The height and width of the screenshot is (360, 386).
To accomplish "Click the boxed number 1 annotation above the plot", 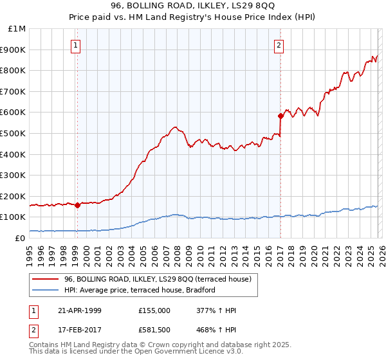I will (77, 45).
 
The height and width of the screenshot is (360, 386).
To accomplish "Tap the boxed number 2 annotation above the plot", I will (279, 45).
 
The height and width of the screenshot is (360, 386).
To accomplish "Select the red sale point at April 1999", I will (77, 206).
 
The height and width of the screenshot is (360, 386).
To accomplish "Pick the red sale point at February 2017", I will (280, 116).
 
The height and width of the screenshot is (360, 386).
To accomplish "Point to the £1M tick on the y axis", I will (16, 29).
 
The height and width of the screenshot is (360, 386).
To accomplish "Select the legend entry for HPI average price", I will (139, 291).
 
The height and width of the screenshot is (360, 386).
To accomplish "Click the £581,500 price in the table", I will (154, 331).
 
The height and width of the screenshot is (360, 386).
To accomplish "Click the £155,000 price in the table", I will (154, 310).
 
